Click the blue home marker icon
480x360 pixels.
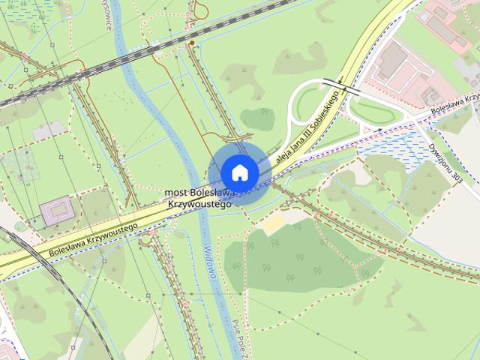[239, 172]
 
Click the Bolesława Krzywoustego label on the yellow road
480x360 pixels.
[93, 241]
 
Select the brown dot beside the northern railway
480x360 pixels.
[193, 43]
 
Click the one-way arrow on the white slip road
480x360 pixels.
[379, 130]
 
